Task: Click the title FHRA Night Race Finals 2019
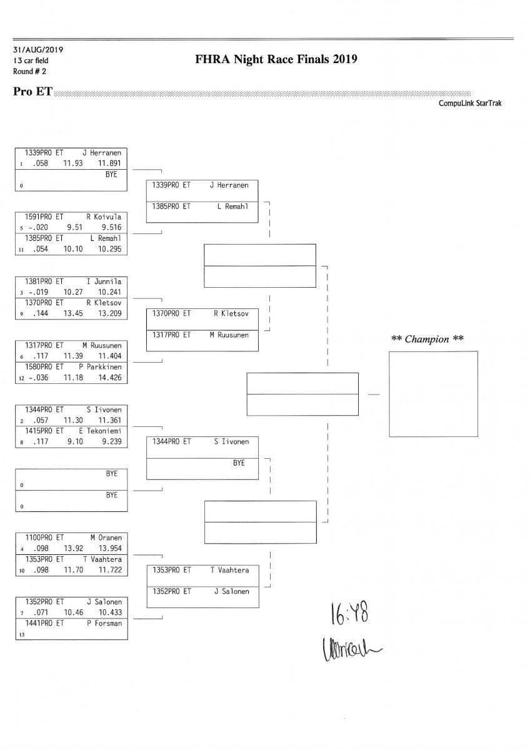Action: click(x=276, y=60)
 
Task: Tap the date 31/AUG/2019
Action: click(x=37, y=50)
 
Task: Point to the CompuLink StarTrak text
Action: click(x=470, y=103)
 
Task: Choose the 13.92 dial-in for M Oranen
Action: click(x=73, y=547)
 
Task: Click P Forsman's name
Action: click(x=104, y=623)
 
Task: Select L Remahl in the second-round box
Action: click(x=232, y=206)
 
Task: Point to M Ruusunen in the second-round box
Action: click(x=229, y=335)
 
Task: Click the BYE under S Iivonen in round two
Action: click(x=239, y=463)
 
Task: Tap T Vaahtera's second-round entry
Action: click(x=229, y=570)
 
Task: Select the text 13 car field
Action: click(x=30, y=61)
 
